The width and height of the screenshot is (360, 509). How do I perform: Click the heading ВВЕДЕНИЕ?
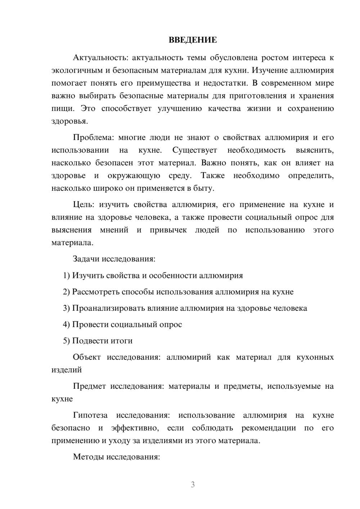point(193,40)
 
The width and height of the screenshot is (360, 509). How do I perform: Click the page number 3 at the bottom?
point(193,485)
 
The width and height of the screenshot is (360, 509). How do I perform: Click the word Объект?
point(86,357)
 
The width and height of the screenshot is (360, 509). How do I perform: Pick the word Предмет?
point(89,386)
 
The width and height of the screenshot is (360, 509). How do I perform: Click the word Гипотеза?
point(90,415)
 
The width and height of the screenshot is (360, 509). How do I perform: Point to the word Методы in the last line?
point(86,457)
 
